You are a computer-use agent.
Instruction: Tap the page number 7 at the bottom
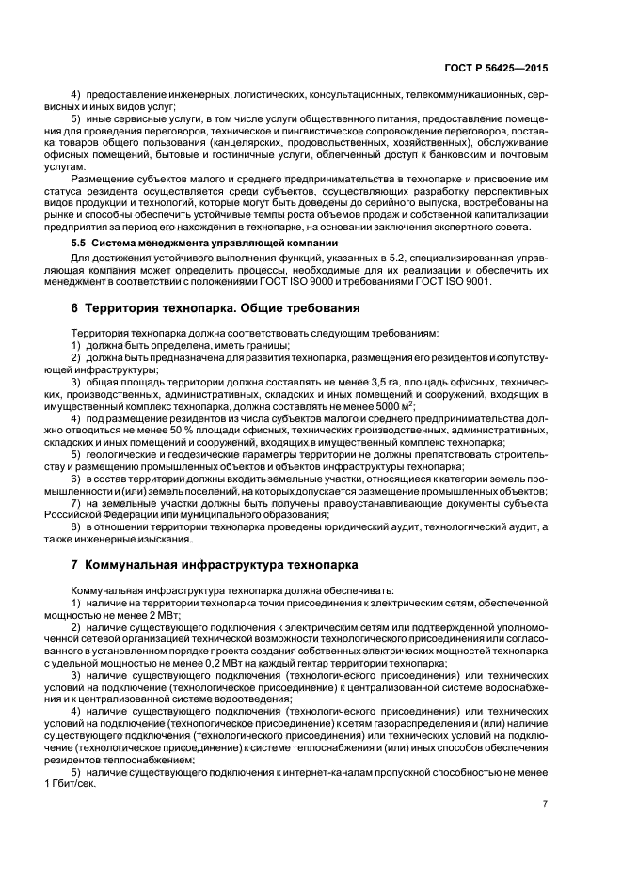click(x=545, y=804)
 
